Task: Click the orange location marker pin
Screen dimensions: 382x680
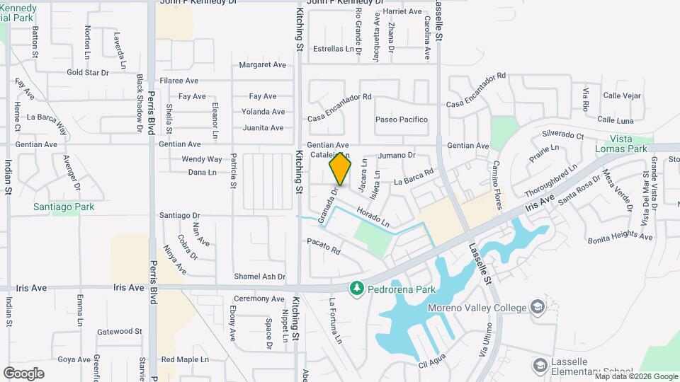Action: (x=340, y=168)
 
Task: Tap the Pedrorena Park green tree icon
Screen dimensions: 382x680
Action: (x=356, y=288)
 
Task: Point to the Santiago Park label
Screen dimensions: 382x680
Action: (x=64, y=207)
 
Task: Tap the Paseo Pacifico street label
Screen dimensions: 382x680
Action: (x=402, y=120)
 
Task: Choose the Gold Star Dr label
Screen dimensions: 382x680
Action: (x=87, y=72)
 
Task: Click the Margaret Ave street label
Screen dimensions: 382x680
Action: (x=262, y=64)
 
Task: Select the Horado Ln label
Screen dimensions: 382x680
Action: (x=373, y=218)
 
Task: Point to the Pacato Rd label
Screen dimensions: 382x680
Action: (x=324, y=246)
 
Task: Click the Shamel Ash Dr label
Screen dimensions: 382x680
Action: (x=260, y=277)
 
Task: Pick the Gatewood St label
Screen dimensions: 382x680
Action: (x=119, y=331)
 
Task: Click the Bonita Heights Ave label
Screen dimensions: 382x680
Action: (x=620, y=238)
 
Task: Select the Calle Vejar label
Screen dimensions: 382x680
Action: (x=621, y=95)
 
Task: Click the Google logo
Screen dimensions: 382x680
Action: (x=23, y=373)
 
